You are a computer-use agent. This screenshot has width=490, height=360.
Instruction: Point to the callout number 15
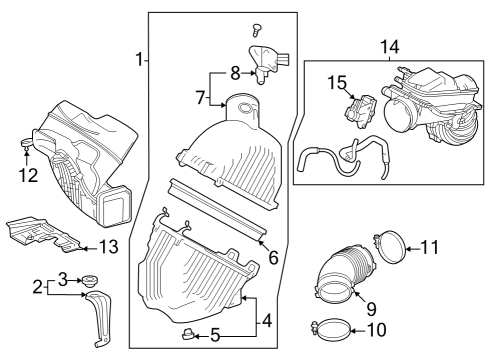(336, 81)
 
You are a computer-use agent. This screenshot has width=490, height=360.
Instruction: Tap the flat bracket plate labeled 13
(45, 233)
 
